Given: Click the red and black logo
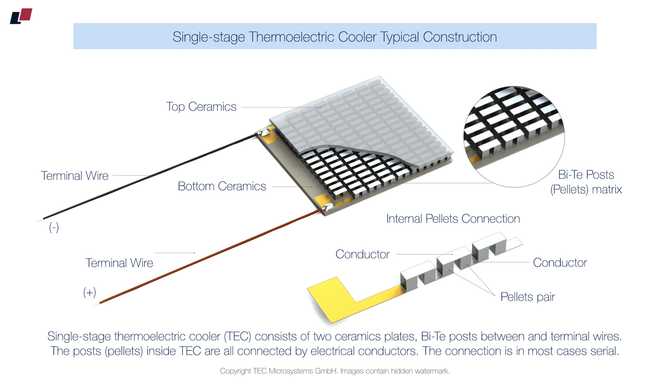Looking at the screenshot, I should [21, 16].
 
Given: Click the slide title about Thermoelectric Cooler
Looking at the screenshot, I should [335, 37].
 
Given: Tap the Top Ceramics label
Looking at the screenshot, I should [201, 107].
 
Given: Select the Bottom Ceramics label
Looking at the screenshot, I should [222, 186].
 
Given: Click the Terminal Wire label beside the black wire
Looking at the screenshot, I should [75, 176].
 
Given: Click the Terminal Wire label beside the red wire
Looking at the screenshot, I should [119, 263].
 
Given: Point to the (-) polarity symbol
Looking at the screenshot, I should [54, 227].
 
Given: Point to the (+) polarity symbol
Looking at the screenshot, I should [90, 292].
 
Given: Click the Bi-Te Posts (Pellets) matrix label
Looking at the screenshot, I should [586, 182].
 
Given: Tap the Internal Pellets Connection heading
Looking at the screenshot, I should [453, 219].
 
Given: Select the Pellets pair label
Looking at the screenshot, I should [527, 297].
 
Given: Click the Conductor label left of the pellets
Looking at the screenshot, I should [362, 254].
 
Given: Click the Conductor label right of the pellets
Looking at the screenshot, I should [560, 263].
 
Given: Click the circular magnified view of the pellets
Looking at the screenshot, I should [514, 136].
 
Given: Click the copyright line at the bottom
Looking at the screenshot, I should [335, 371].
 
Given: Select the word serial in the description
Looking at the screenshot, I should [604, 351].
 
